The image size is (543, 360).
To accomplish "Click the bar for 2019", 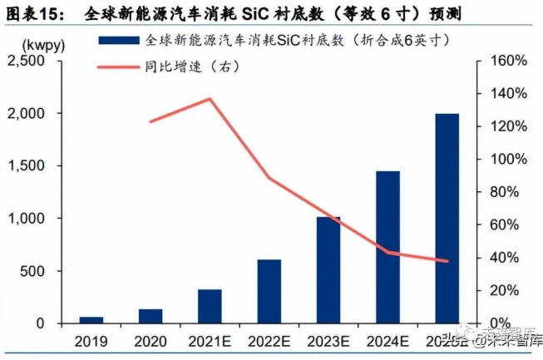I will (x=91, y=319).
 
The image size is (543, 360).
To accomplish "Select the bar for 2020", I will (x=151, y=316).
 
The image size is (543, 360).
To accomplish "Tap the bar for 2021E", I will (x=210, y=306).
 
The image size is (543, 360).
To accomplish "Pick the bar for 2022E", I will (x=269, y=291).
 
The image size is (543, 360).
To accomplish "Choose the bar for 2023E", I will (x=328, y=269).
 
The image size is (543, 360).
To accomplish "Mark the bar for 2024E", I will (x=388, y=247).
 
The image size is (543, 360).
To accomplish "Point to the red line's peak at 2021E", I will (x=210, y=99).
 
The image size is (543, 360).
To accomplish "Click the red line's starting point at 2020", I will (x=151, y=122).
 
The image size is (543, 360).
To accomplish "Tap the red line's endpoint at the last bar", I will (x=447, y=261).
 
